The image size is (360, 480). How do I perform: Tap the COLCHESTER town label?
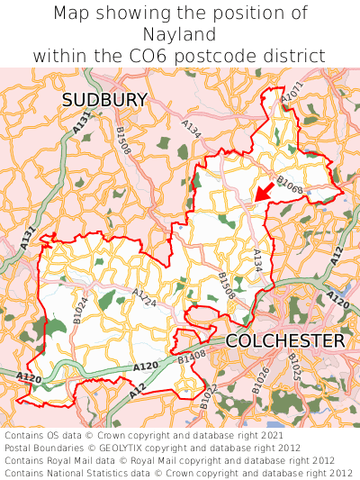[284, 341]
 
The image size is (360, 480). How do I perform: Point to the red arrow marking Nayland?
[263, 191]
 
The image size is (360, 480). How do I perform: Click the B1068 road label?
[290, 186]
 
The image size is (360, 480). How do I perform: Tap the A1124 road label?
[144, 298]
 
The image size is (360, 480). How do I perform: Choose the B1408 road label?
[192, 359]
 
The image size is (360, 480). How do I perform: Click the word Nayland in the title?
[180, 34]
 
